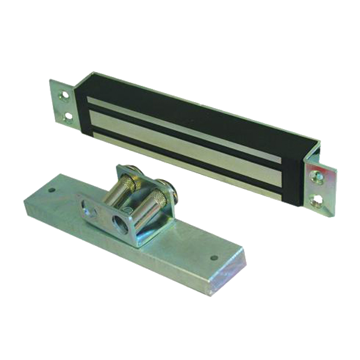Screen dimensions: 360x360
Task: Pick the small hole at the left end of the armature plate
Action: pos(52,190)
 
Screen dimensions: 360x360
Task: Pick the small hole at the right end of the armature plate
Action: pos(214,258)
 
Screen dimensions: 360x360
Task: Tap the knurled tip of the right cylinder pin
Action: pos(158,196)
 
